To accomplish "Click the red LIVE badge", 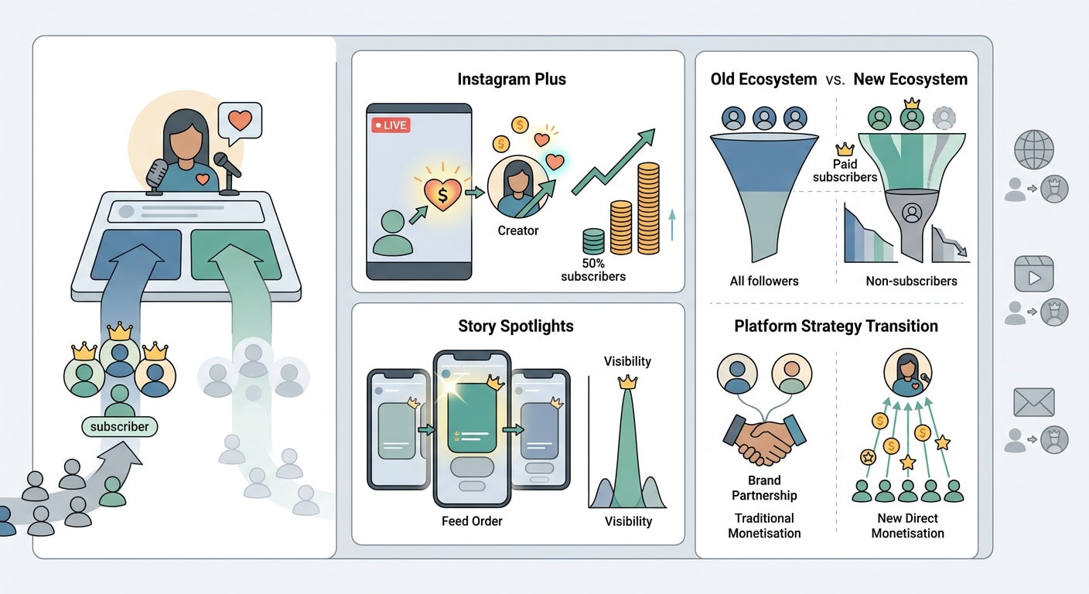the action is (391, 125).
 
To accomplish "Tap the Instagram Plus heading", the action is (511, 79).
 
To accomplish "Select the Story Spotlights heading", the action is (516, 326).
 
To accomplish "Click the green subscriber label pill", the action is (120, 426).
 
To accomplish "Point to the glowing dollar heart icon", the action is (442, 194).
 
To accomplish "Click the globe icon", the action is (1034, 149).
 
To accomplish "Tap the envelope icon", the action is (1034, 402).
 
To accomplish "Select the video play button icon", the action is (1034, 274).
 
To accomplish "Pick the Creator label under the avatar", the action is (517, 230).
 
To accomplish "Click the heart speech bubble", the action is (241, 122).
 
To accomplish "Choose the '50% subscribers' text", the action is (593, 270).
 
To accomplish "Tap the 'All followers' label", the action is (763, 281).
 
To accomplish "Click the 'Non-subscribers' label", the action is (912, 281).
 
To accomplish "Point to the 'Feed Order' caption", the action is (472, 521).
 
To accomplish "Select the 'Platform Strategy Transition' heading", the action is (836, 326).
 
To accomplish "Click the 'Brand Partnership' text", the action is (764, 487).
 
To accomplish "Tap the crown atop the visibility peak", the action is (627, 382).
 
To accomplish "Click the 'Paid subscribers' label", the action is (845, 171).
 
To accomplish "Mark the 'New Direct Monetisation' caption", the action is (908, 525).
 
